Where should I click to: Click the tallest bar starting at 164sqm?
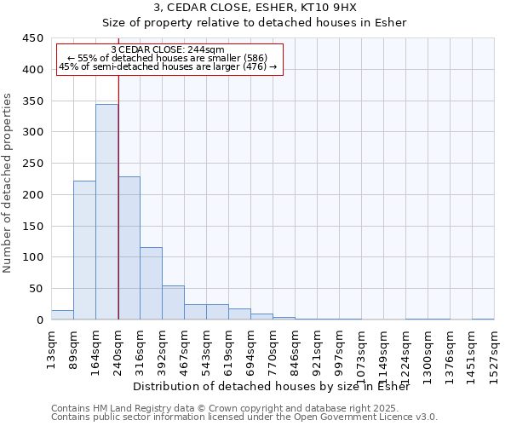click(x=106, y=212)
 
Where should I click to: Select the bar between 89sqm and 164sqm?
click(x=84, y=250)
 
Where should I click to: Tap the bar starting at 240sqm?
click(x=129, y=248)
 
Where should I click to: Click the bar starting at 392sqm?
click(x=173, y=302)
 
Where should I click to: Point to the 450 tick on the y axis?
click(x=33, y=38)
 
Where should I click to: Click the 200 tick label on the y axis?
click(x=33, y=195)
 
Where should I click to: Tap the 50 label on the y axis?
click(x=37, y=289)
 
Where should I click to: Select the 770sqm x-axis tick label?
click(x=273, y=347)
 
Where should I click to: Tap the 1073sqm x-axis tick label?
click(x=362, y=349)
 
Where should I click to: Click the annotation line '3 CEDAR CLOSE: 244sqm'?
click(x=168, y=49)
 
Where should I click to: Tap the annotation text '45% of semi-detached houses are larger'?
click(x=168, y=66)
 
